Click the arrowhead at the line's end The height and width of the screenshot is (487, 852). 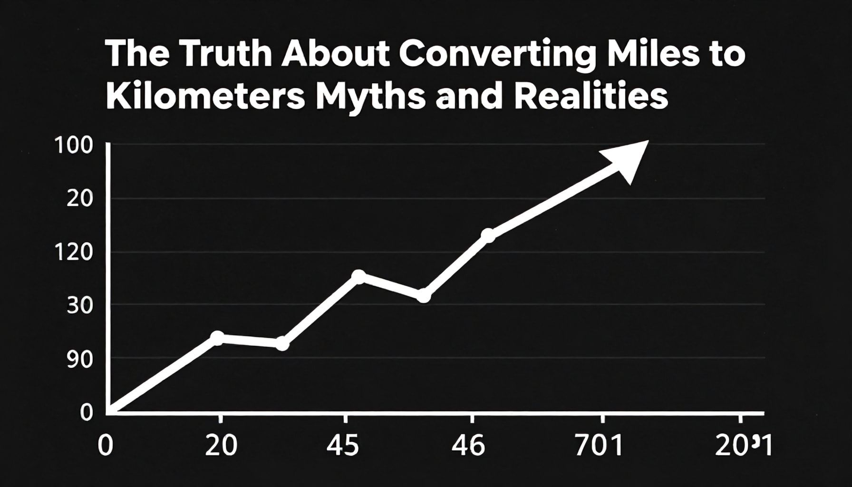point(628,159)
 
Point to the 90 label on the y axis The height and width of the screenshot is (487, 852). point(79,360)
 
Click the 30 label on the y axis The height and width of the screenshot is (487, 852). point(79,306)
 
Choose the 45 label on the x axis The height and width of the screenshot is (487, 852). point(342,447)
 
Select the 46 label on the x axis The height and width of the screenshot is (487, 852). point(468,447)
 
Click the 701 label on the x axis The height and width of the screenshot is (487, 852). point(599,447)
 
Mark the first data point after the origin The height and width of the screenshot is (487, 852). point(217,338)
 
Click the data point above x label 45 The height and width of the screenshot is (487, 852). point(359,276)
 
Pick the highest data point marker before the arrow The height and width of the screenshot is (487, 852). point(488,235)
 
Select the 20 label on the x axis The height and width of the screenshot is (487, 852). point(221,447)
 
